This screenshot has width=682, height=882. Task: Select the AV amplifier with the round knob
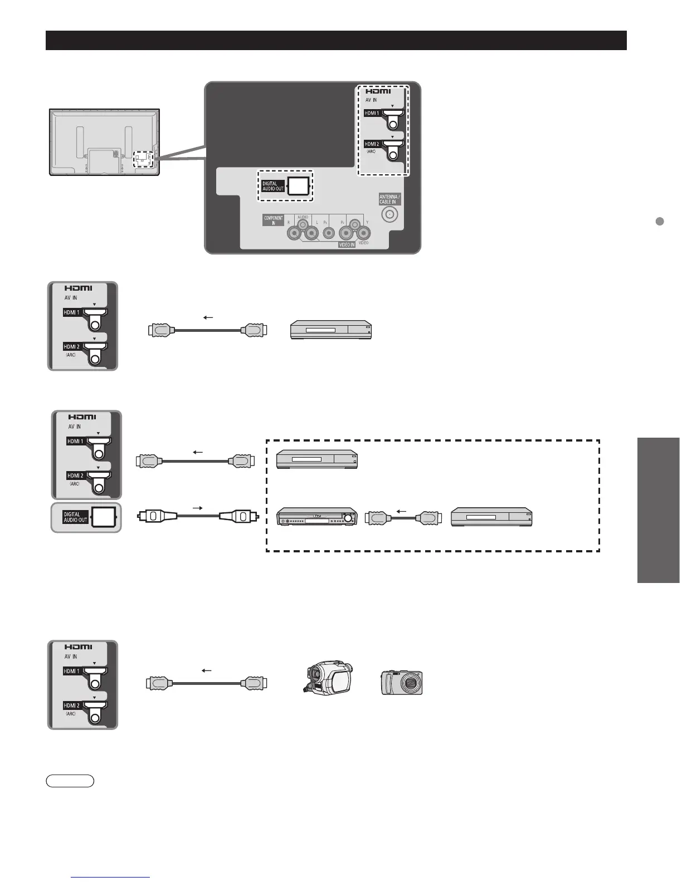coord(317,518)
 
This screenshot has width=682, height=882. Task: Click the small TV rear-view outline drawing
coord(105,143)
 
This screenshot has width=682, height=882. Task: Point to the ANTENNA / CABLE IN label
coord(389,199)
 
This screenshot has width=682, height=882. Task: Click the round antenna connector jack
coord(389,213)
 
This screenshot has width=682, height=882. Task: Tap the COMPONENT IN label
coord(274,220)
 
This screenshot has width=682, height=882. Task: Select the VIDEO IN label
coord(347,244)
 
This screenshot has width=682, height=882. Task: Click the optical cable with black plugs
coord(197,516)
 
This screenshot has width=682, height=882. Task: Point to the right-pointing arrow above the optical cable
coord(197,508)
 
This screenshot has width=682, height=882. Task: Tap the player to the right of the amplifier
coord(491,517)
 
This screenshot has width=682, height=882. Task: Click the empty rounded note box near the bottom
coord(70,781)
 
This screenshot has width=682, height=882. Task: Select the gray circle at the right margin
coord(659,221)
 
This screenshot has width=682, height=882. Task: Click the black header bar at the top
coord(336,41)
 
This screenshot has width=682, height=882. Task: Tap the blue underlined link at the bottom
coord(111,878)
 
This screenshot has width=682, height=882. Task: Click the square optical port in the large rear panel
coord(298,186)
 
